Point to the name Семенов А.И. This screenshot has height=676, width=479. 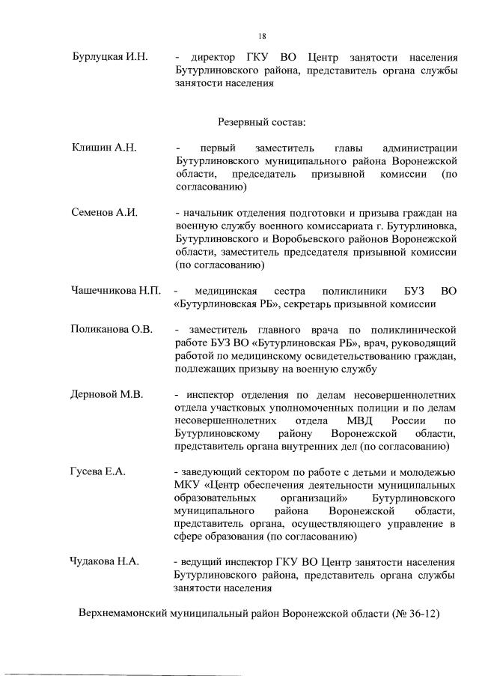click(104, 213)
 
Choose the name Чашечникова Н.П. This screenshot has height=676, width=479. click(116, 290)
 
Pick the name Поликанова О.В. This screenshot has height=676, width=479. click(112, 329)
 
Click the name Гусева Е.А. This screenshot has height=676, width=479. click(99, 471)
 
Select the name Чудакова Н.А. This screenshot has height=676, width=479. click(106, 561)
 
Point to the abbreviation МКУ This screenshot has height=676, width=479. click(187, 485)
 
